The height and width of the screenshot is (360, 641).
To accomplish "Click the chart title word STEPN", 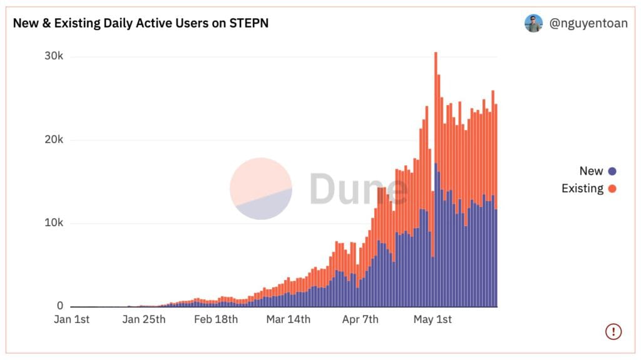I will tap(249, 24).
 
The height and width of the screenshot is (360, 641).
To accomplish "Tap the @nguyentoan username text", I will tap(588, 24).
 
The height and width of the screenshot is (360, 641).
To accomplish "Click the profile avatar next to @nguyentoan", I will tap(533, 24).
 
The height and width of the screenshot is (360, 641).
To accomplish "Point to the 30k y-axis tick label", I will tap(53, 56).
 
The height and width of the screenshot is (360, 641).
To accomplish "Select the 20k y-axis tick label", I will tap(53, 140).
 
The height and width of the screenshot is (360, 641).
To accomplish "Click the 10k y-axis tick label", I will tap(53, 223).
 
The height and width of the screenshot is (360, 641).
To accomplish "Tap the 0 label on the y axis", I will tap(60, 306).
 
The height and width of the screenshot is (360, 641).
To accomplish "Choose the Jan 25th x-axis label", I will tap(144, 320).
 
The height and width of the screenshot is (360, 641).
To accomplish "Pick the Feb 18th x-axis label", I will tap(216, 320).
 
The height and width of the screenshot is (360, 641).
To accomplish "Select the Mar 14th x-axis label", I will tap(288, 320).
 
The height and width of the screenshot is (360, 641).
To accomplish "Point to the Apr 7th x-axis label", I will tap(360, 320).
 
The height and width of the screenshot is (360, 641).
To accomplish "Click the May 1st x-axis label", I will tap(433, 320).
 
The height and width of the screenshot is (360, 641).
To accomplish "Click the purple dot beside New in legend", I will tap(612, 172).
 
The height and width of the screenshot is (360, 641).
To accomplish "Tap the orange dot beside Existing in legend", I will tap(612, 188).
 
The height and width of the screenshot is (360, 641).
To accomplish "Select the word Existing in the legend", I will tap(582, 188).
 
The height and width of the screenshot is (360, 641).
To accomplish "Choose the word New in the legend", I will tap(591, 172).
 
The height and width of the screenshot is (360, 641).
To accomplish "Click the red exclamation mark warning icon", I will tap(613, 331).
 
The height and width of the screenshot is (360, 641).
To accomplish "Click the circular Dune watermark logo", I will tap(260, 188).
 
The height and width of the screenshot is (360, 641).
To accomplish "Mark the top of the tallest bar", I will tap(436, 53).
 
